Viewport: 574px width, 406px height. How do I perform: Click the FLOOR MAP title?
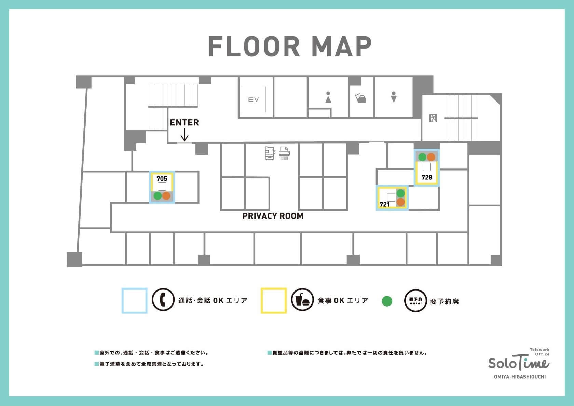pos(290,46)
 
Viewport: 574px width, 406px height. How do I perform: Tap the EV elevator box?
pos(254,99)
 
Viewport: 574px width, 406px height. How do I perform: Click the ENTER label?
pos(184,122)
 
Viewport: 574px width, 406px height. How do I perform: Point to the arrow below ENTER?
pos(184,135)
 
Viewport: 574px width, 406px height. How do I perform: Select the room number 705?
pos(162,179)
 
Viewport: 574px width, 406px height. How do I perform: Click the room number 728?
pos(427,177)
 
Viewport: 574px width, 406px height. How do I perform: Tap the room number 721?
pos(384,204)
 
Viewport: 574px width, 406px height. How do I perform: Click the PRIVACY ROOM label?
pos(273,216)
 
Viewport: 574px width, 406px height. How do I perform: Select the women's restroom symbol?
pos(328,97)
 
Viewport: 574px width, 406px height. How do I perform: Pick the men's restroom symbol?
pos(394,97)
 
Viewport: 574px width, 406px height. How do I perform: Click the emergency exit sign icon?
pos(433,118)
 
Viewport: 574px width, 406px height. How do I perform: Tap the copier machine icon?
pos(270,153)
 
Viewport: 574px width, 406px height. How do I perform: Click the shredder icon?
pos(284,153)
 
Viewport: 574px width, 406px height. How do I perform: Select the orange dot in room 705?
pos(166,196)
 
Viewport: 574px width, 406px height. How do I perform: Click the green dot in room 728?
pos(422,157)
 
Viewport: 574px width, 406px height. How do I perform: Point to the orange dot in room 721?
pos(400,202)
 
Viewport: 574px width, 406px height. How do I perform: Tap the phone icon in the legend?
pos(163,300)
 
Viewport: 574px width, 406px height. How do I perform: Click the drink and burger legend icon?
pos(302,300)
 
